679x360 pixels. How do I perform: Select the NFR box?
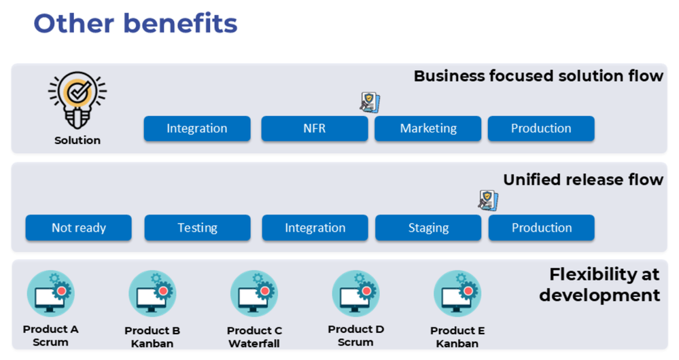coord(314,128)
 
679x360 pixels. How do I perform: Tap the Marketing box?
coord(428,128)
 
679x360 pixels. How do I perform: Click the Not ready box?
coord(78,228)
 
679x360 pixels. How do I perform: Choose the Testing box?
coord(197,228)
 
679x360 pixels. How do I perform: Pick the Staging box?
coord(428,228)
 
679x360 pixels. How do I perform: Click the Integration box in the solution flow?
coord(197,128)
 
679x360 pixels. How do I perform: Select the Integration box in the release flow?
coord(315,228)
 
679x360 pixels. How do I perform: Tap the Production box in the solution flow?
coord(541,128)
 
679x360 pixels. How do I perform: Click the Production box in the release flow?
coord(541,228)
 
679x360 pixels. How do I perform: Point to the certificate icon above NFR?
coord(370,102)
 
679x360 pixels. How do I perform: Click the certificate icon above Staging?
coord(487,200)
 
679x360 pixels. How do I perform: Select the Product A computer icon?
coord(50,293)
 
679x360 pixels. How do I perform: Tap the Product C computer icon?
coord(254,293)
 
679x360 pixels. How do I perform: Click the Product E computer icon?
coord(457,293)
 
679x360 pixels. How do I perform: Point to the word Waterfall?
coord(254,344)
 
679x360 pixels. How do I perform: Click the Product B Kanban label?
coord(152,337)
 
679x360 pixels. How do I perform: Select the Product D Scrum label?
coord(355,336)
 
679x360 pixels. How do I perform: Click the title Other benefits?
coord(135,23)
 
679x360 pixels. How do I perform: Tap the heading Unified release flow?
coord(582,179)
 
